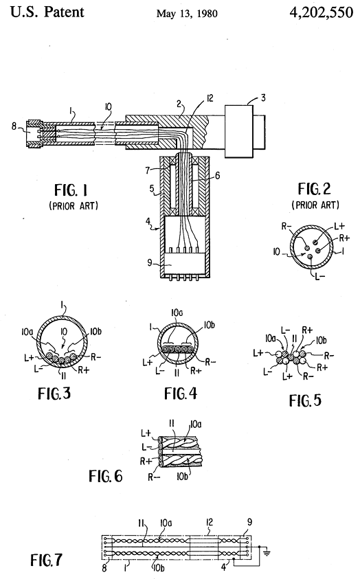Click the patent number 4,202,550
point(321,12)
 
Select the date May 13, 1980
point(187,14)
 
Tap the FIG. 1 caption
point(71,190)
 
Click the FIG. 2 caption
point(315,189)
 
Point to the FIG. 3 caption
point(54,394)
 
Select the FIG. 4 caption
point(181,394)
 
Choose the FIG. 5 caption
point(305,400)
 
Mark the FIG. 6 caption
point(105,476)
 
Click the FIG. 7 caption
point(47,560)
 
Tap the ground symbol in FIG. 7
point(267,552)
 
